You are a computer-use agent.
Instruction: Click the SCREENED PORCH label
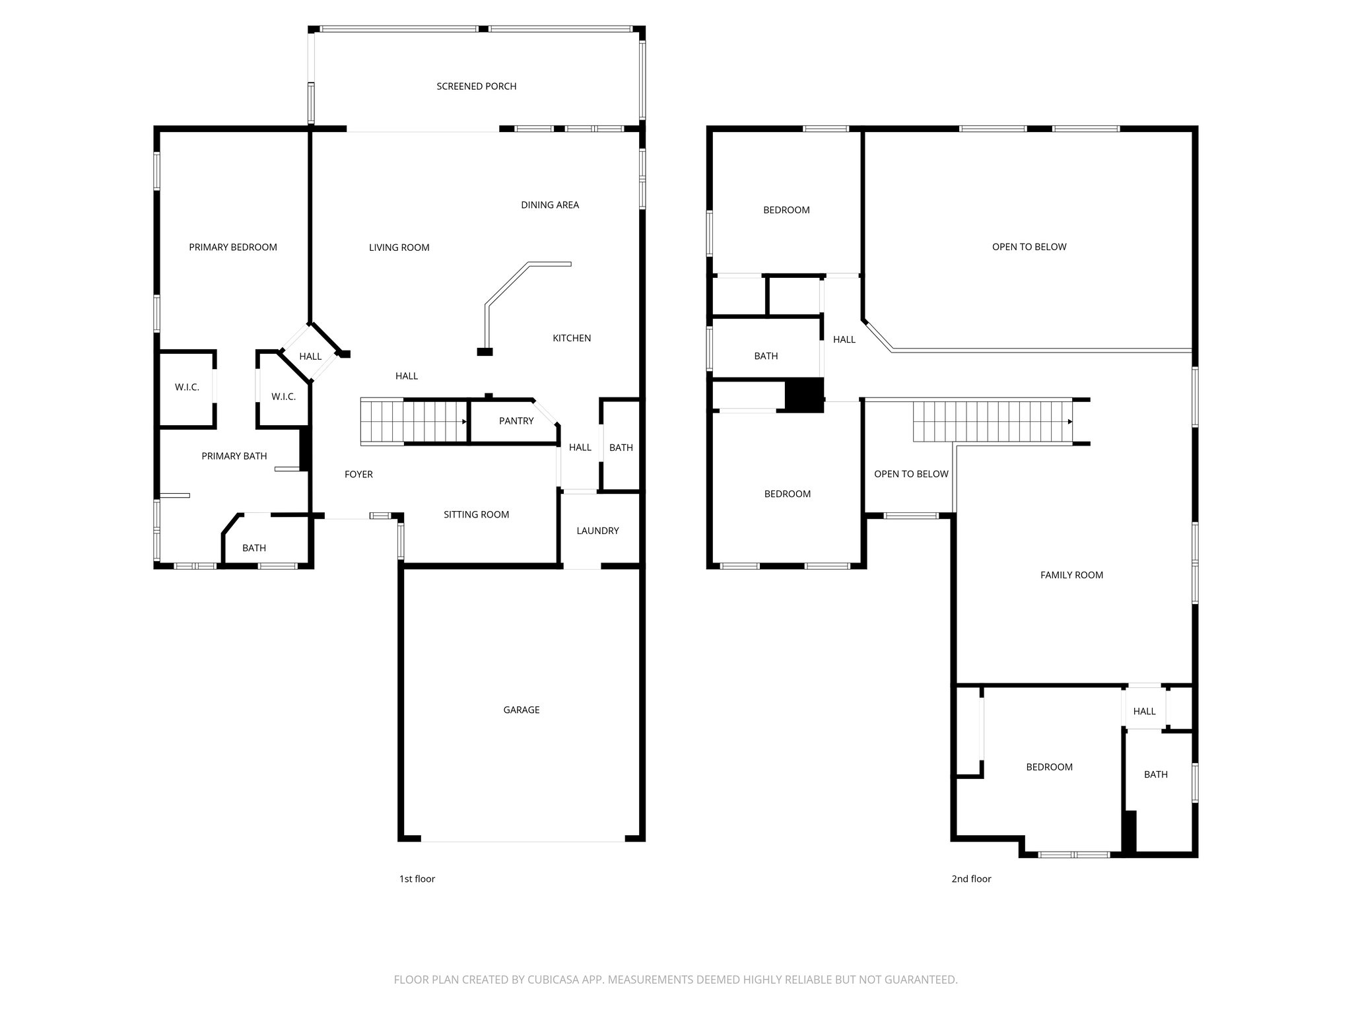(x=476, y=86)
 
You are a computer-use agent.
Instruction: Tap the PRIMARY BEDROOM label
(x=233, y=248)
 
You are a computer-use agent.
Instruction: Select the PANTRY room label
(x=516, y=421)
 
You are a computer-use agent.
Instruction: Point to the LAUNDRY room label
(x=597, y=531)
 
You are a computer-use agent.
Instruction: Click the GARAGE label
(x=522, y=710)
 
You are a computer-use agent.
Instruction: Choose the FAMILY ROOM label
(x=1071, y=575)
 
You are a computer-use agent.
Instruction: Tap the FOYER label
(x=358, y=475)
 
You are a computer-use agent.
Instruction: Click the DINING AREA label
(x=549, y=205)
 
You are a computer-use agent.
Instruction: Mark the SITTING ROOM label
(x=476, y=515)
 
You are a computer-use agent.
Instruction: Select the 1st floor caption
(x=417, y=879)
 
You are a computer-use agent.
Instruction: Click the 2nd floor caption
(x=971, y=879)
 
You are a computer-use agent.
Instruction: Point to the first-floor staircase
(x=413, y=421)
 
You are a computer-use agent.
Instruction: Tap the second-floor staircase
(x=992, y=421)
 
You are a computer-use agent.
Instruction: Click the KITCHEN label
(x=572, y=339)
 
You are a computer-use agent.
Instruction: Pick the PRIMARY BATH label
(x=234, y=456)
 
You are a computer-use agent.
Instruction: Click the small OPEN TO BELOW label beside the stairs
(x=911, y=474)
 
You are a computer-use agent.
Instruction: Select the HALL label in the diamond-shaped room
(x=310, y=356)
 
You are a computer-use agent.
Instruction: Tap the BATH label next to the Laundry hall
(x=621, y=448)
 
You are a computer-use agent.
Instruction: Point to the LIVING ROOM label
(x=399, y=248)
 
